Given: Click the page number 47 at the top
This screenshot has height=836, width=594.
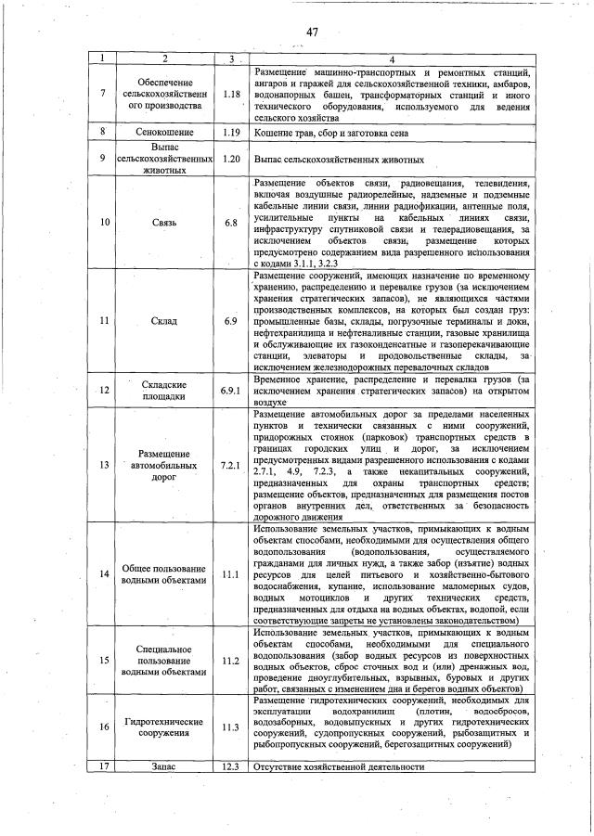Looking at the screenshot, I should tap(312, 32).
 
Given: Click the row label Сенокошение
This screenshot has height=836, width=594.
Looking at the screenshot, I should tap(163, 133).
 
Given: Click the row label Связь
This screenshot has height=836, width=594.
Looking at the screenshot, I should tap(163, 223).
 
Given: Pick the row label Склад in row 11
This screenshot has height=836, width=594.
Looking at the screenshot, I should tap(163, 320).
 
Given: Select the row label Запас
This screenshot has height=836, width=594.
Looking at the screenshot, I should tap(163, 767).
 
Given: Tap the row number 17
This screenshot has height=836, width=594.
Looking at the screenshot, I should tap(105, 767).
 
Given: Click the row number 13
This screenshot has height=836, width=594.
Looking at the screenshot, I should tap(105, 464).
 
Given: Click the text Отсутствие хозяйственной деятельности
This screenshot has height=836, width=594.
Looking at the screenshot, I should tap(339, 767).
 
